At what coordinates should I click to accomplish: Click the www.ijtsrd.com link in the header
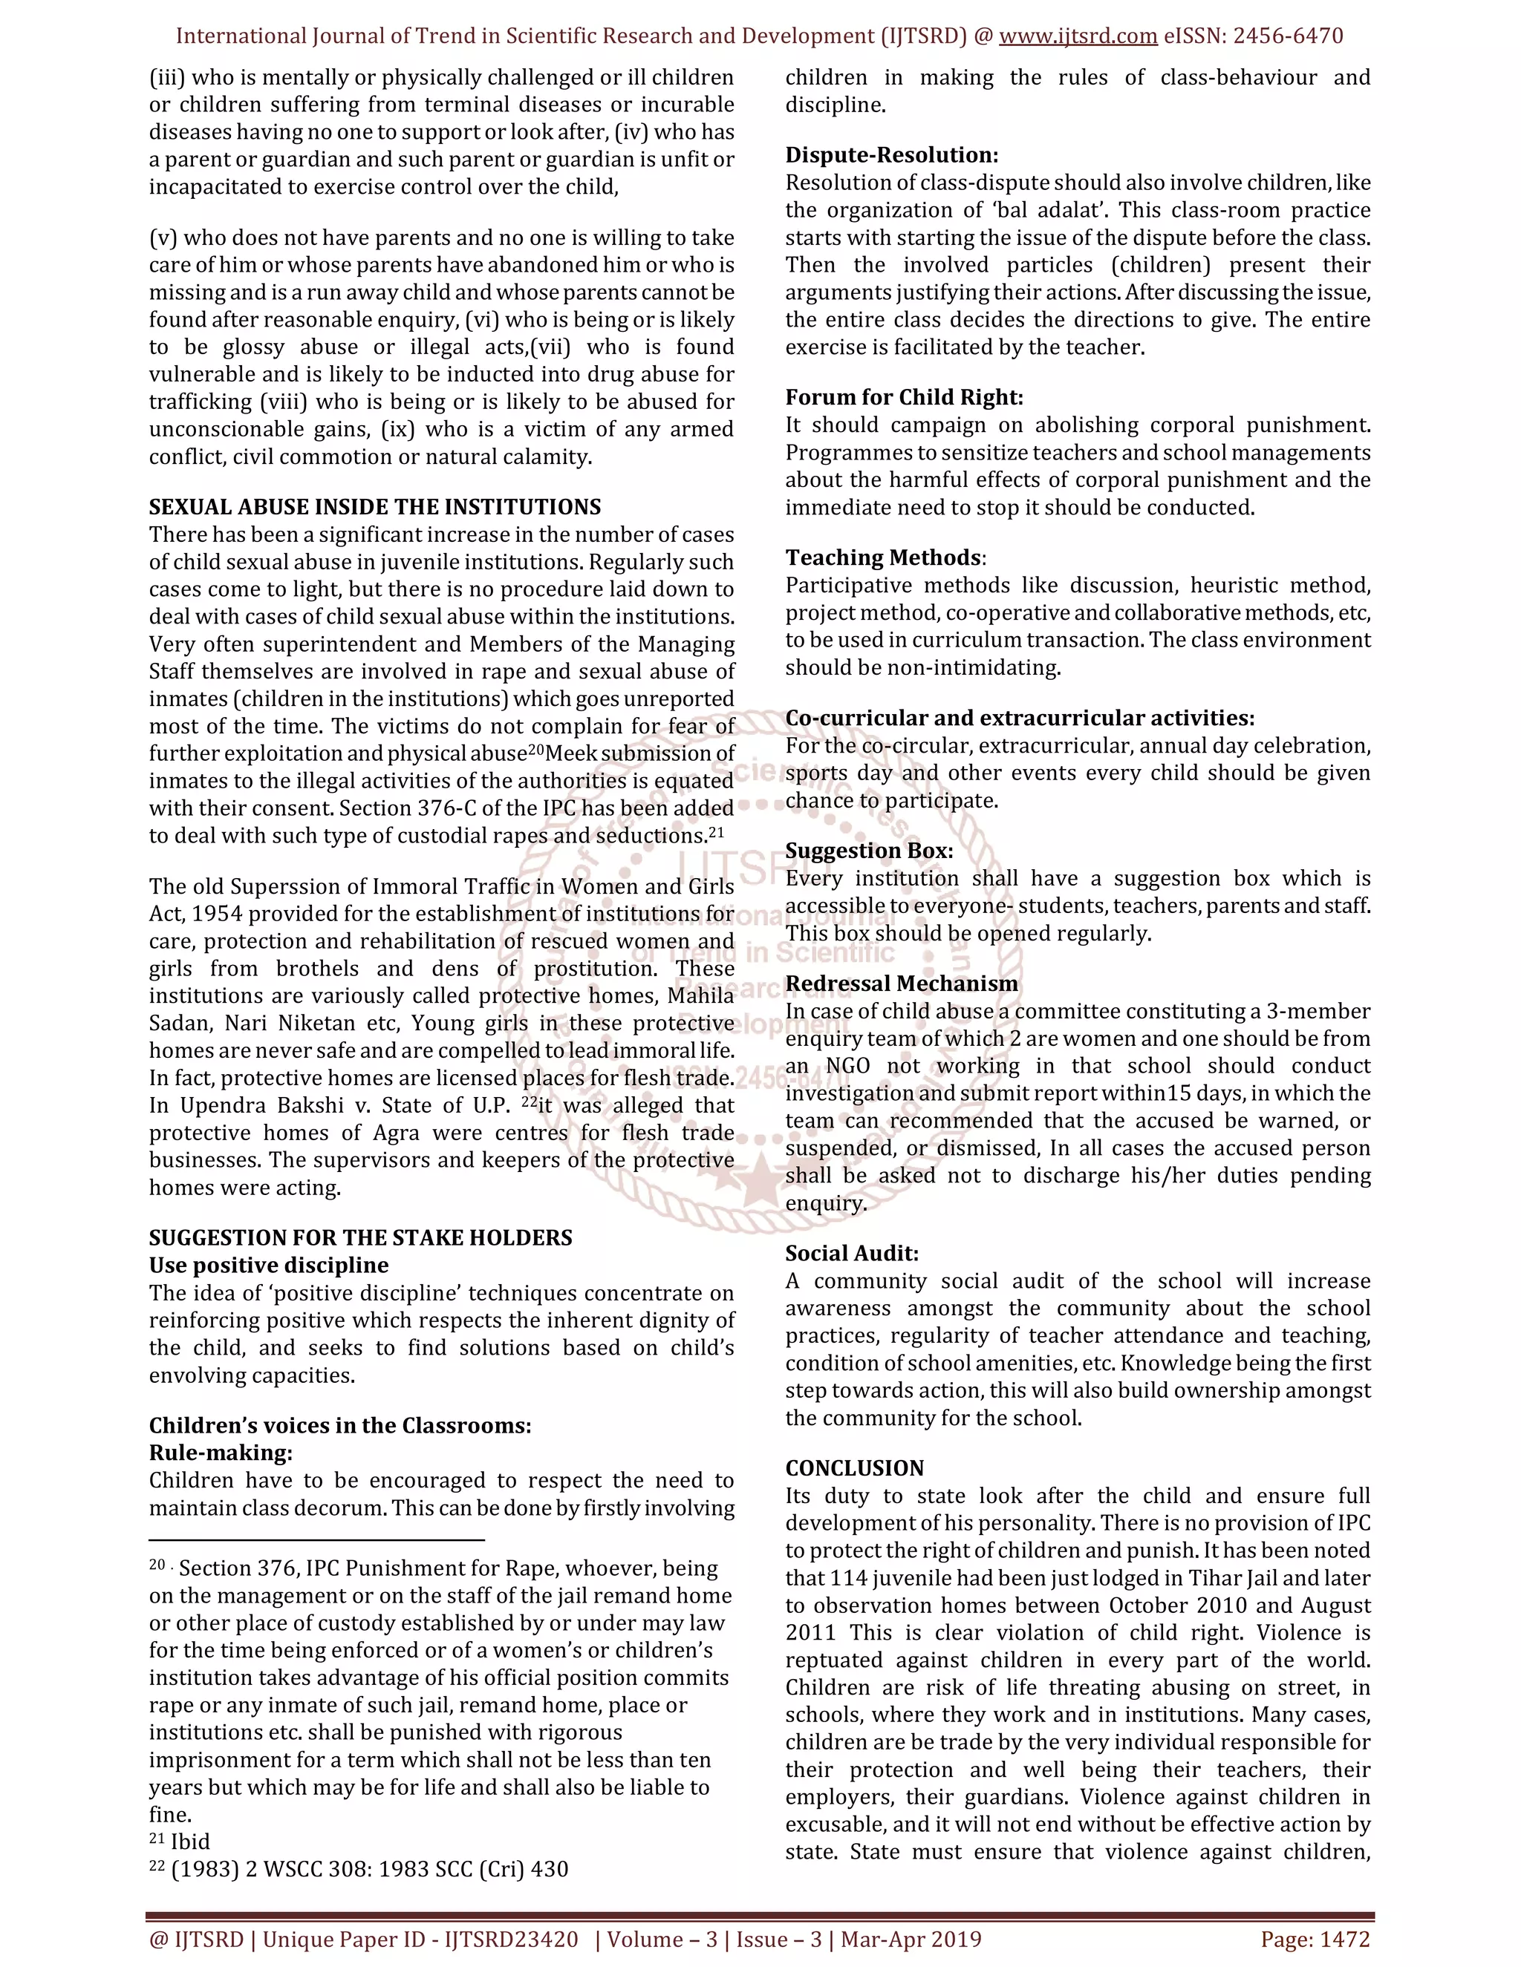pos(1078,36)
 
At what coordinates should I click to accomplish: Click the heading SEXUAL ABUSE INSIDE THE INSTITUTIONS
pos(375,507)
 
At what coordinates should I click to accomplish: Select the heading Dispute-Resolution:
pos(891,155)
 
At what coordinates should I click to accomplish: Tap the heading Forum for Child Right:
pos(904,397)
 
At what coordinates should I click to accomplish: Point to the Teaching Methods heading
pos(883,557)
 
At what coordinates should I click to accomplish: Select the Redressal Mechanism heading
pos(901,983)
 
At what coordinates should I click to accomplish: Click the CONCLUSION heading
pos(854,1468)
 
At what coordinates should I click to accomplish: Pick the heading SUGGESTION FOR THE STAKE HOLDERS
pos(360,1237)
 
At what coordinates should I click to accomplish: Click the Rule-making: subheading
pos(221,1453)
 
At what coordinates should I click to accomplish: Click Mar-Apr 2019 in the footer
pos(911,1939)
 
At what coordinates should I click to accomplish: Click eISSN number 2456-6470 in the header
pos(1288,36)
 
